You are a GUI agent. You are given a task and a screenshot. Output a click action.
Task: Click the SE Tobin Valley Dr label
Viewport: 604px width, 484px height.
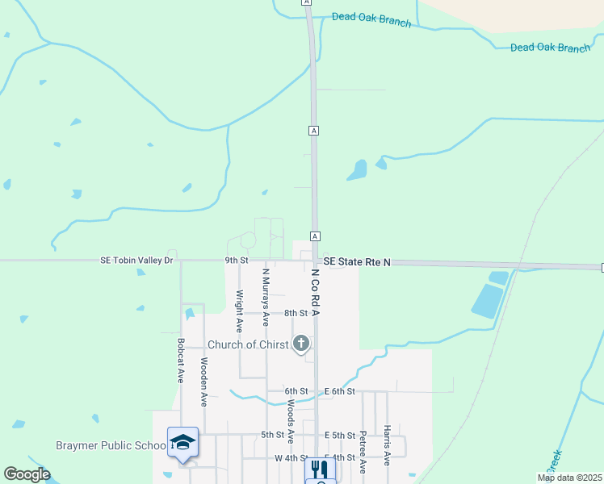click(x=136, y=261)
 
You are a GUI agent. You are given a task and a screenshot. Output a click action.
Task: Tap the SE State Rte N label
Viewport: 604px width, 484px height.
click(x=357, y=262)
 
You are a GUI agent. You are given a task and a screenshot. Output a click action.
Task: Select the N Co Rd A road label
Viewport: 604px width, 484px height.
click(x=317, y=293)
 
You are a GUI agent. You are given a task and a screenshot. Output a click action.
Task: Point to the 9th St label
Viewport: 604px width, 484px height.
click(x=236, y=261)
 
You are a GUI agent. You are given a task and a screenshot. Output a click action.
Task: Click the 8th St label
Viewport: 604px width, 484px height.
click(x=296, y=313)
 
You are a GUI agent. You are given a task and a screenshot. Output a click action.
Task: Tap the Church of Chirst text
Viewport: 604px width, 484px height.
click(x=248, y=344)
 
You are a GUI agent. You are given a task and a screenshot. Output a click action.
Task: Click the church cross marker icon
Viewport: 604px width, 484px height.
click(x=301, y=344)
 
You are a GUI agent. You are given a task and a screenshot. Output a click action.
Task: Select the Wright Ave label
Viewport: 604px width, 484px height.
click(x=240, y=311)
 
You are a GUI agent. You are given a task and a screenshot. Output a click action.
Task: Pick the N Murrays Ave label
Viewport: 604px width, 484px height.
click(x=265, y=296)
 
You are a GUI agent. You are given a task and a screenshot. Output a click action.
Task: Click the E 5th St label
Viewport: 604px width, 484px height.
click(x=339, y=436)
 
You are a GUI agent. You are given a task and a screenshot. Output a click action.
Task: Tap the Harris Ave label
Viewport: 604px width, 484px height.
click(x=388, y=445)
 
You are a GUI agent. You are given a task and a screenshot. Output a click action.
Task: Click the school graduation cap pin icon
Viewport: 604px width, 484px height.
click(x=183, y=443)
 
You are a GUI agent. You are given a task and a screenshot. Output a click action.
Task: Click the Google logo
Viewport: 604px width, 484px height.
click(x=27, y=474)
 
